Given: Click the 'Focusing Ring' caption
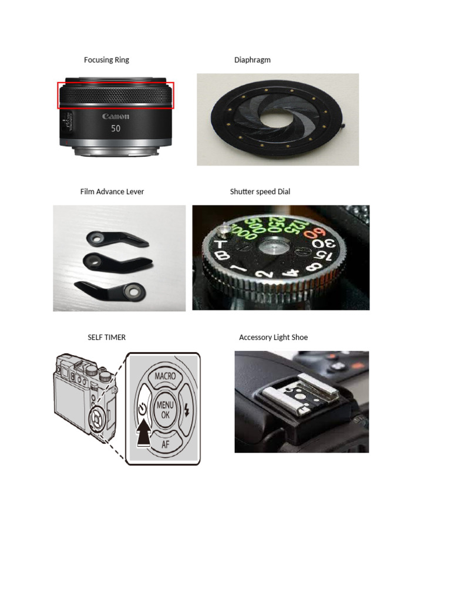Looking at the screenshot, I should click(106, 60).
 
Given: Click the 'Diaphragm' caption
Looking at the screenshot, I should click(252, 60).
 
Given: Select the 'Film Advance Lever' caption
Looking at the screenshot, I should click(112, 191).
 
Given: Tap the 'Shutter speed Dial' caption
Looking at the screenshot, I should click(260, 191).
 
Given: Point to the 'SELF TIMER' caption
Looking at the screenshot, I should click(106, 337).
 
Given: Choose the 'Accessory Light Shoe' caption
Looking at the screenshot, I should click(273, 337).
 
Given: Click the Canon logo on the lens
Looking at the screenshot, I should click(116, 116).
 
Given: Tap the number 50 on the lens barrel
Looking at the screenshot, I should click(116, 128).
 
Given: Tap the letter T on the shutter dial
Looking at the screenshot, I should click(221, 243).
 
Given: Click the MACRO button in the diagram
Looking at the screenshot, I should click(165, 376).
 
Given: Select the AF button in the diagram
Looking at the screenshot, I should click(165, 444).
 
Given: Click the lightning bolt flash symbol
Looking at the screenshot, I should click(187, 410).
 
